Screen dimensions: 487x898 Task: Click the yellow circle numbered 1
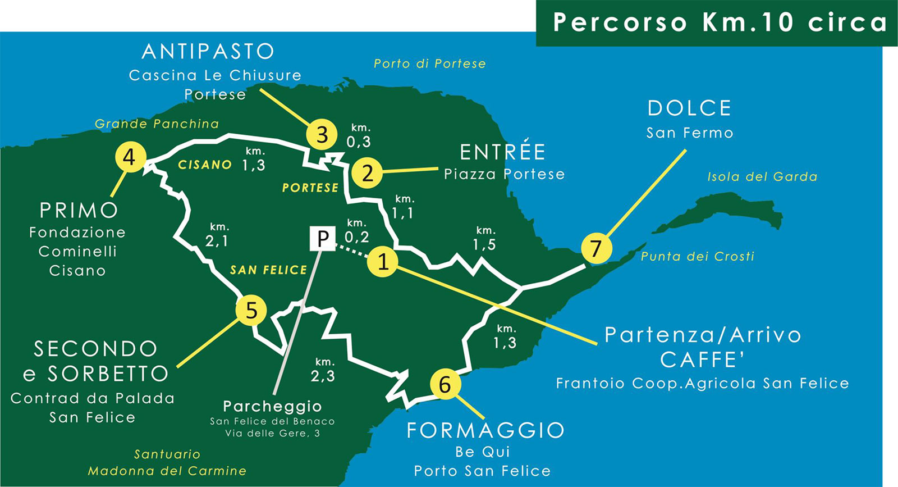click(x=383, y=261)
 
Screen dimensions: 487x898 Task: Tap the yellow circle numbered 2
click(x=367, y=172)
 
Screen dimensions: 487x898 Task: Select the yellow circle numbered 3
click(x=322, y=135)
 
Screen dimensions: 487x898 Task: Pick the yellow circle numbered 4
click(x=130, y=157)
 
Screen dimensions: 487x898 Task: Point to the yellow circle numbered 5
click(x=251, y=311)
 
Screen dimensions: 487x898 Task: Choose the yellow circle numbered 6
click(x=445, y=384)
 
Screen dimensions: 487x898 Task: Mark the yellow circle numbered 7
click(x=595, y=248)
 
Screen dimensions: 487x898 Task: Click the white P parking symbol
click(x=323, y=239)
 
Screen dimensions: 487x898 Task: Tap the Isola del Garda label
click(x=762, y=176)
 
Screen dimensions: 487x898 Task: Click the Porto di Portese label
click(x=429, y=63)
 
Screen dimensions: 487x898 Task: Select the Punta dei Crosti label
click(x=698, y=256)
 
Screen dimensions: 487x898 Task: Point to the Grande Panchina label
click(x=157, y=124)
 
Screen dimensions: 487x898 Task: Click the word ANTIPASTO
click(x=208, y=52)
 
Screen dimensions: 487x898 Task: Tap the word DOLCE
click(x=689, y=108)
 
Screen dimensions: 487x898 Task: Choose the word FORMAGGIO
click(x=485, y=430)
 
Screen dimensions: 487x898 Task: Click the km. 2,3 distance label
click(x=323, y=370)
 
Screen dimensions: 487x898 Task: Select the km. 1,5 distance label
click(x=484, y=238)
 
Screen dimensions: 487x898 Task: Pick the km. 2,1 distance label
click(x=217, y=234)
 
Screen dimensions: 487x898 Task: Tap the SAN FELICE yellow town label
click(x=268, y=270)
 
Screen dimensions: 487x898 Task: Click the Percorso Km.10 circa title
click(x=720, y=22)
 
